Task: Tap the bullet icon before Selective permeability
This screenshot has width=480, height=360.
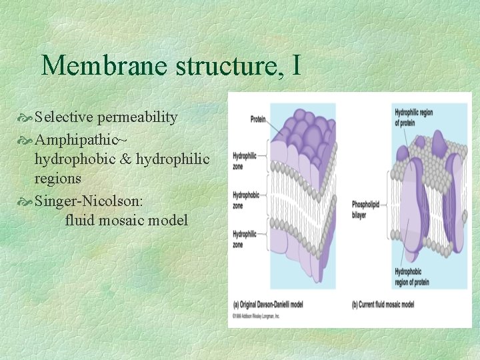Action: (26, 118)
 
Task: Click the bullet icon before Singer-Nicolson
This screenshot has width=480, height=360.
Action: (26, 199)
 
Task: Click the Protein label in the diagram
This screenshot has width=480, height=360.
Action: (257, 120)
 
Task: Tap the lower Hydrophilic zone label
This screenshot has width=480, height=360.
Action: (244, 239)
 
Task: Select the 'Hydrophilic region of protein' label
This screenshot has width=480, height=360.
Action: (413, 117)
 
